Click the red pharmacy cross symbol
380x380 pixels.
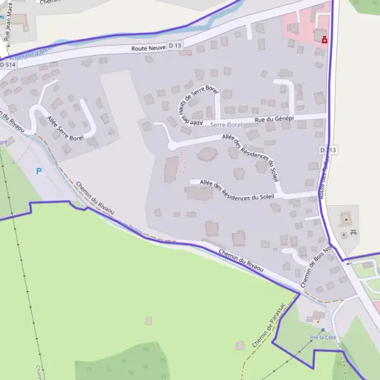(324, 39)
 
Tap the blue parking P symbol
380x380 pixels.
(39, 170)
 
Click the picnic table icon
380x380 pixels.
(353, 232)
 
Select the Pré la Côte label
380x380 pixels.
(323, 337)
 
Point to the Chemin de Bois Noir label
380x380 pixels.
(315, 264)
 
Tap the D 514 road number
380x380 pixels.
(7, 64)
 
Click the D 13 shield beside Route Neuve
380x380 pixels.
(175, 46)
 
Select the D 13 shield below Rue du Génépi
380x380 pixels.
(329, 149)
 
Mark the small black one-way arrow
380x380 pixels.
(348, 263)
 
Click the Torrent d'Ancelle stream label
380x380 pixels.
(38, 51)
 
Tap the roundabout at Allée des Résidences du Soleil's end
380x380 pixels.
(172, 146)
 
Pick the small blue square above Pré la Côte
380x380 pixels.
(322, 330)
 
